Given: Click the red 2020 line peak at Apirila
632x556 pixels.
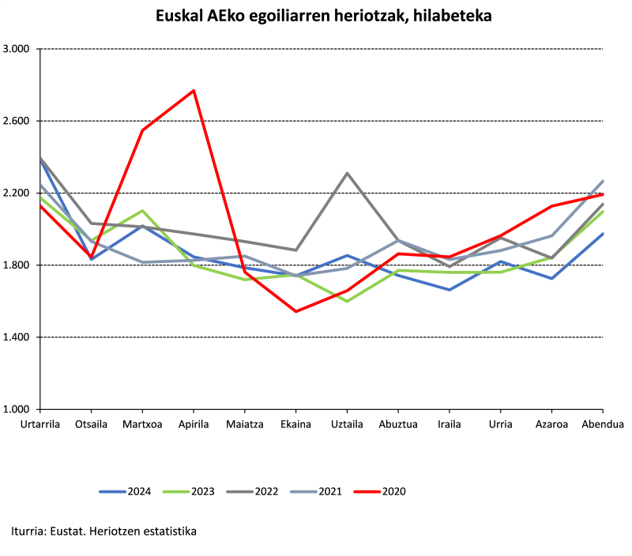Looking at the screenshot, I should coord(194,91).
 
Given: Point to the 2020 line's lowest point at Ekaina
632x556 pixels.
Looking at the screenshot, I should coord(295,311).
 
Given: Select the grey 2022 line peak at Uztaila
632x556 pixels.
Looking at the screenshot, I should coord(347,173).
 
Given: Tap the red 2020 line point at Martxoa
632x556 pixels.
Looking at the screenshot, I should coord(142,130).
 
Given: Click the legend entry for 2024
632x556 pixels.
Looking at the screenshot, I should coord(126,491).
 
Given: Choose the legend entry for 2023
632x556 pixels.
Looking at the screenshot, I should coord(194,491).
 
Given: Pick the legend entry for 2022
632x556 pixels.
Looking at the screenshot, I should coord(261,491).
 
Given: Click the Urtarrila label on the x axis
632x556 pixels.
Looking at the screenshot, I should coord(39,424).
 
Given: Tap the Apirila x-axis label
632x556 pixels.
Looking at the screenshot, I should coord(194,424).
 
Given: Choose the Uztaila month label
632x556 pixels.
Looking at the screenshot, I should coord(347,424).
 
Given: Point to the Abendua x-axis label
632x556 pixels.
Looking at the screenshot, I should coord(603,424).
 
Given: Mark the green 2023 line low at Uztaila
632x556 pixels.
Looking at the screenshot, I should coord(347,301).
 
